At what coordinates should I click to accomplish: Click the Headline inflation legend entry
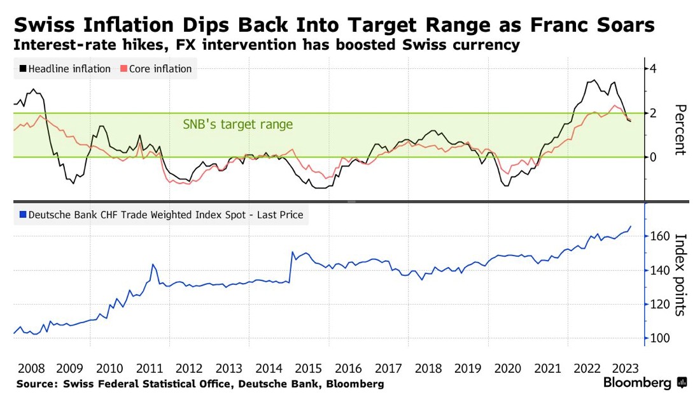(x=64, y=69)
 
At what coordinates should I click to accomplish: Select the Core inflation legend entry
(x=156, y=69)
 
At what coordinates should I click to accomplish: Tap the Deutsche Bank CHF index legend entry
(x=162, y=215)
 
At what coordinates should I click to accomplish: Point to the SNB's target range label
(x=238, y=124)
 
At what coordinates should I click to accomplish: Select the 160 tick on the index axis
(x=659, y=236)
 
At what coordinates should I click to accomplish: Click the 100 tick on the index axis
(x=659, y=338)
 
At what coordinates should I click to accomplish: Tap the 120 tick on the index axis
(x=659, y=305)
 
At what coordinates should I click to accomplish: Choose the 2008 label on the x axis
(x=31, y=368)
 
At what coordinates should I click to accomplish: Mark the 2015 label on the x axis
(x=308, y=368)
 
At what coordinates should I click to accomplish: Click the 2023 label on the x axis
(x=624, y=368)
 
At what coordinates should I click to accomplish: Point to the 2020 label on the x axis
(x=506, y=368)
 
